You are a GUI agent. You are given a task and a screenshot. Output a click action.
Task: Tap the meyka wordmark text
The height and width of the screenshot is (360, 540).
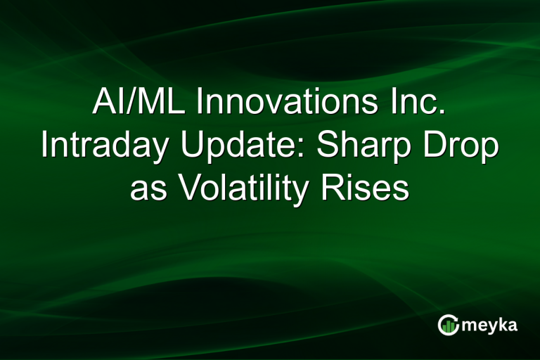489,326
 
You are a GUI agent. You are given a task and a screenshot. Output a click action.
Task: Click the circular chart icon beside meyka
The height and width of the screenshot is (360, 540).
448,325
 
